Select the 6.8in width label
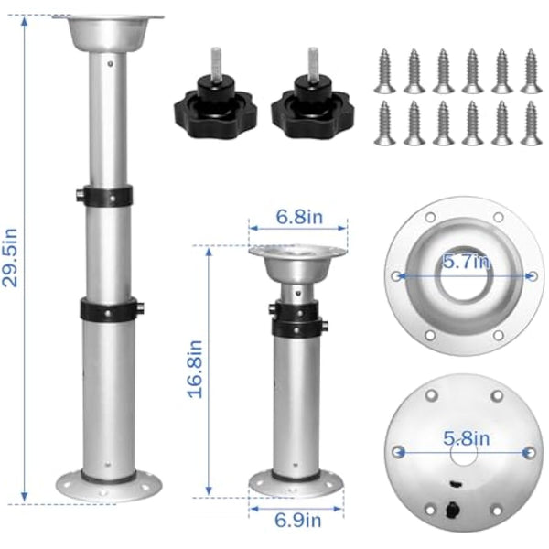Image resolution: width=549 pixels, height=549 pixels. pyautogui.click(x=297, y=220)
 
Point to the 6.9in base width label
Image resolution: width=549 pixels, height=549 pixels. pyautogui.click(x=298, y=521)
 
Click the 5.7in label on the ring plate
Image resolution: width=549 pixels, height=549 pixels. pyautogui.click(x=466, y=263)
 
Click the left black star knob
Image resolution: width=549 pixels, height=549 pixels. pyautogui.click(x=215, y=110)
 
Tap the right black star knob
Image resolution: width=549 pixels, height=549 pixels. pyautogui.click(x=315, y=110)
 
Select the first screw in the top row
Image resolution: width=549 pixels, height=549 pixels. pyautogui.click(x=384, y=70)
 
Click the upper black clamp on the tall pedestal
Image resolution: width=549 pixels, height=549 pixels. pyautogui.click(x=108, y=196)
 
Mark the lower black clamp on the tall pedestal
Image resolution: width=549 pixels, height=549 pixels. pyautogui.click(x=108, y=308)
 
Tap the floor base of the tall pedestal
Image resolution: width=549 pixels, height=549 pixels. pyautogui.click(x=109, y=484)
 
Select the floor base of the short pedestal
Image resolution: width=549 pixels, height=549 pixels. pyautogui.click(x=297, y=483)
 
